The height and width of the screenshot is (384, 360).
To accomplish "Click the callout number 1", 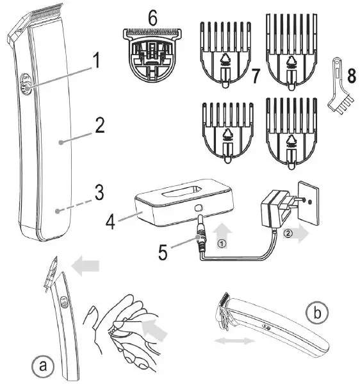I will pyautogui.click(x=96, y=62).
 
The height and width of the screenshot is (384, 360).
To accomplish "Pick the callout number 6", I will pyautogui.click(x=152, y=19).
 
